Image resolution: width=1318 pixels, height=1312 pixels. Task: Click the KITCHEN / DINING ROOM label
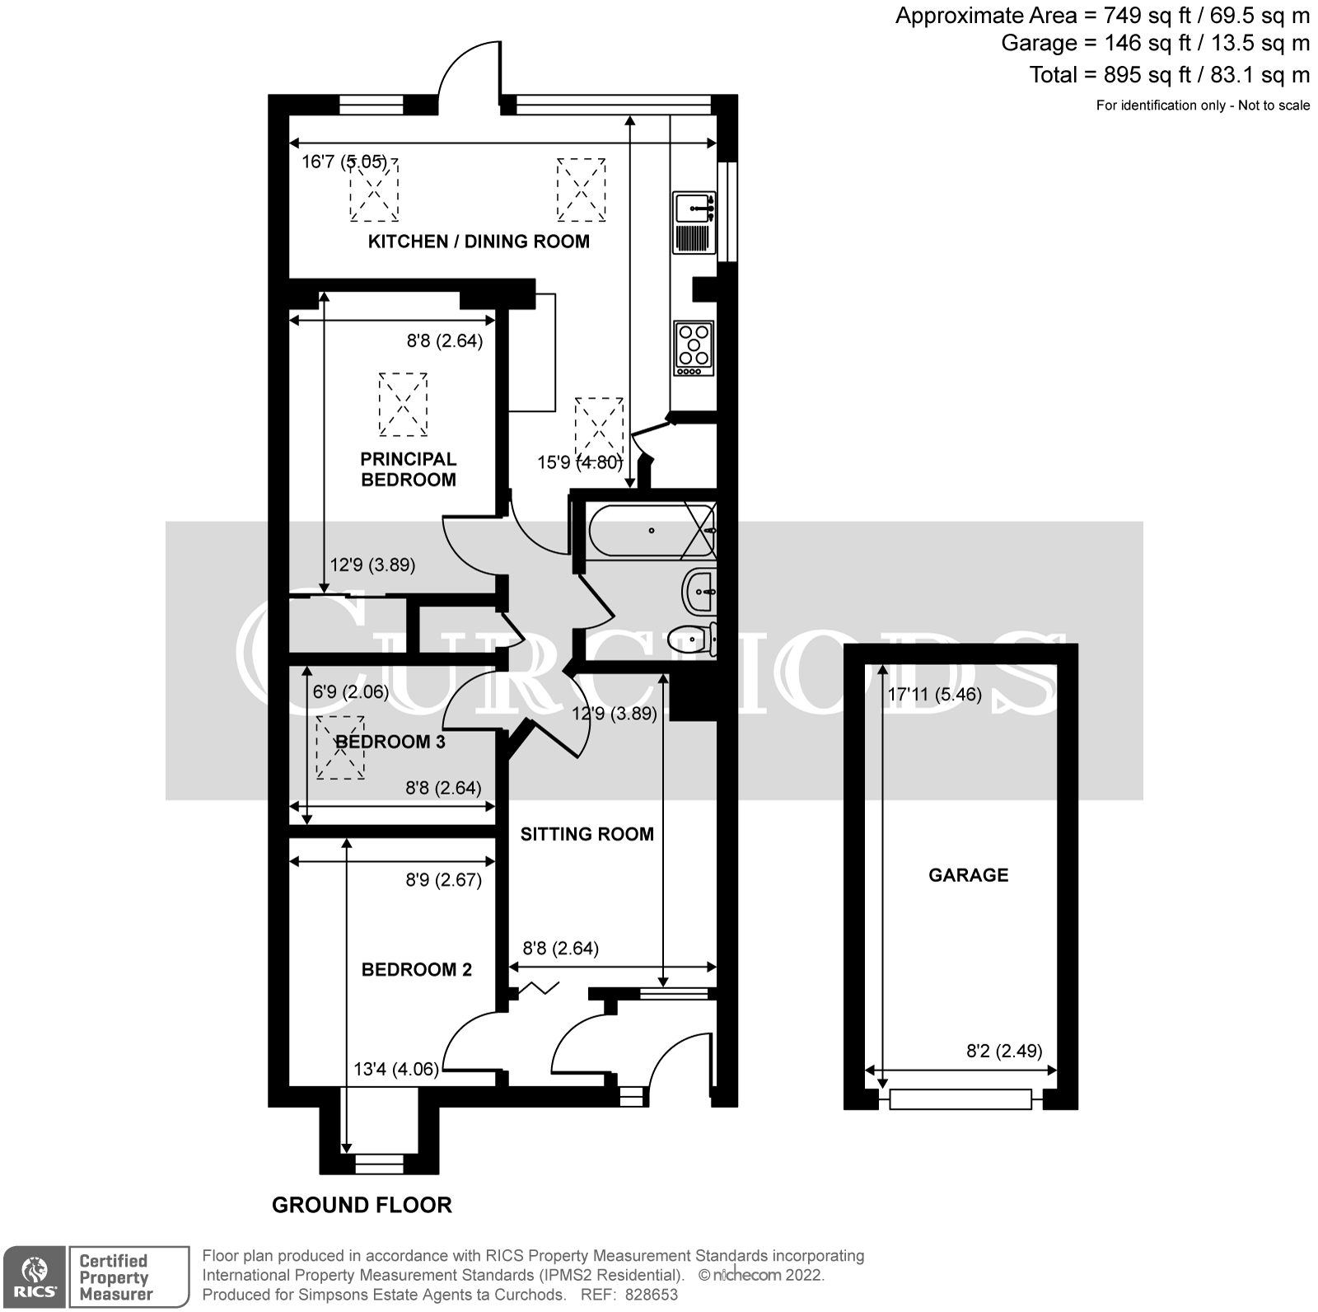click(x=479, y=241)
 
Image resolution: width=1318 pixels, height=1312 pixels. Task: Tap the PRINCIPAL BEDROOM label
click(x=409, y=469)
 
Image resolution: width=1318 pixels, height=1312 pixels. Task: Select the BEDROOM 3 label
click(x=390, y=742)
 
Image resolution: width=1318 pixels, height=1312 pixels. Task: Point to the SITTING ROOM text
click(x=587, y=834)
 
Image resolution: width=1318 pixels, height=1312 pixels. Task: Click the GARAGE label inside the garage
click(x=968, y=875)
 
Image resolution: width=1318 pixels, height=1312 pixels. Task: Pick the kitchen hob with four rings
click(x=693, y=345)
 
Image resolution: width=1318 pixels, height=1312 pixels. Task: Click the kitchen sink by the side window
click(x=694, y=208)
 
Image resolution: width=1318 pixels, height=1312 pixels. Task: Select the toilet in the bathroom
click(x=692, y=638)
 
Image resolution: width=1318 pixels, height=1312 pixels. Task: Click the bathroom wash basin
click(x=699, y=591)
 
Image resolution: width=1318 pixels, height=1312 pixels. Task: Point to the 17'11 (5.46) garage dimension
click(x=934, y=695)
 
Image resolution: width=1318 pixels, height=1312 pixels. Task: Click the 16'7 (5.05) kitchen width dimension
click(x=344, y=162)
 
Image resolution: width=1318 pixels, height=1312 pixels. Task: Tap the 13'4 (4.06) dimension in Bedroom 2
click(x=395, y=1070)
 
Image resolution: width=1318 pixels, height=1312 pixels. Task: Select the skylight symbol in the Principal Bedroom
click(x=404, y=404)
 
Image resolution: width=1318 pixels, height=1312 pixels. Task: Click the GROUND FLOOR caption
click(x=362, y=1205)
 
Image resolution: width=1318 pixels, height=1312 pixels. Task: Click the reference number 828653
click(x=651, y=1295)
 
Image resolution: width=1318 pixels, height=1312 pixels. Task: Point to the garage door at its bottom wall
click(x=960, y=1099)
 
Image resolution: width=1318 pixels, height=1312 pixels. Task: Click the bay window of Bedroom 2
click(x=379, y=1163)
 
